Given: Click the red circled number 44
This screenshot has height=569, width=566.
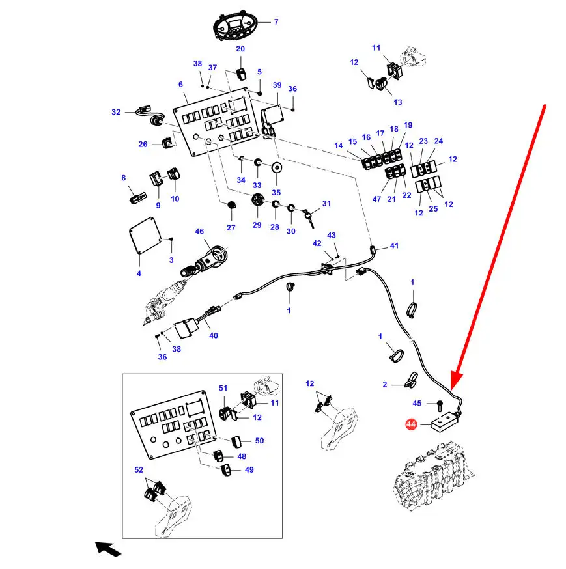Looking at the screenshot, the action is pos(410,424).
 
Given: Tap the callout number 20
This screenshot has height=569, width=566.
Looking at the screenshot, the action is pos(240,49).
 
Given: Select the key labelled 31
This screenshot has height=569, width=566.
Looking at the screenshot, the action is pos(309,217).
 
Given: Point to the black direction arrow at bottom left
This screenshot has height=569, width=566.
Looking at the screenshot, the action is pos(107,549).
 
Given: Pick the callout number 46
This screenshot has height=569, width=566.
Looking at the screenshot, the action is pos(199,232).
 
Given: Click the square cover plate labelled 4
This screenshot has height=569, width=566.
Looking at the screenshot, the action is pos(145,235).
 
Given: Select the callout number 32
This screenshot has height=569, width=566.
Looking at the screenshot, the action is pos(116,112).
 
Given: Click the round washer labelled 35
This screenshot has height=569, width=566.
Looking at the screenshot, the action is pos(277,168).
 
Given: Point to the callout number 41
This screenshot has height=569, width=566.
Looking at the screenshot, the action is pos(394,245).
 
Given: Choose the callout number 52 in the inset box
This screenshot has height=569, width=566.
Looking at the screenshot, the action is pos(139,470).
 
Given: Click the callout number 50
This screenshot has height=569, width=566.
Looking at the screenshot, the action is pos(259,441).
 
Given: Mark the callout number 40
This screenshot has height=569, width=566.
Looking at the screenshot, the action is pos(214,336).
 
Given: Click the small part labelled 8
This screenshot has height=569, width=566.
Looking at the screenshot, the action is pos(138,199).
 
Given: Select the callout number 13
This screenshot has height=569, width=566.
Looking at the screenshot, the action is pos(398,102).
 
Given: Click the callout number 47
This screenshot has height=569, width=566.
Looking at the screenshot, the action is pos(376,199).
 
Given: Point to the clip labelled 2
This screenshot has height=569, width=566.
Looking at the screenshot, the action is pos(412,380).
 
